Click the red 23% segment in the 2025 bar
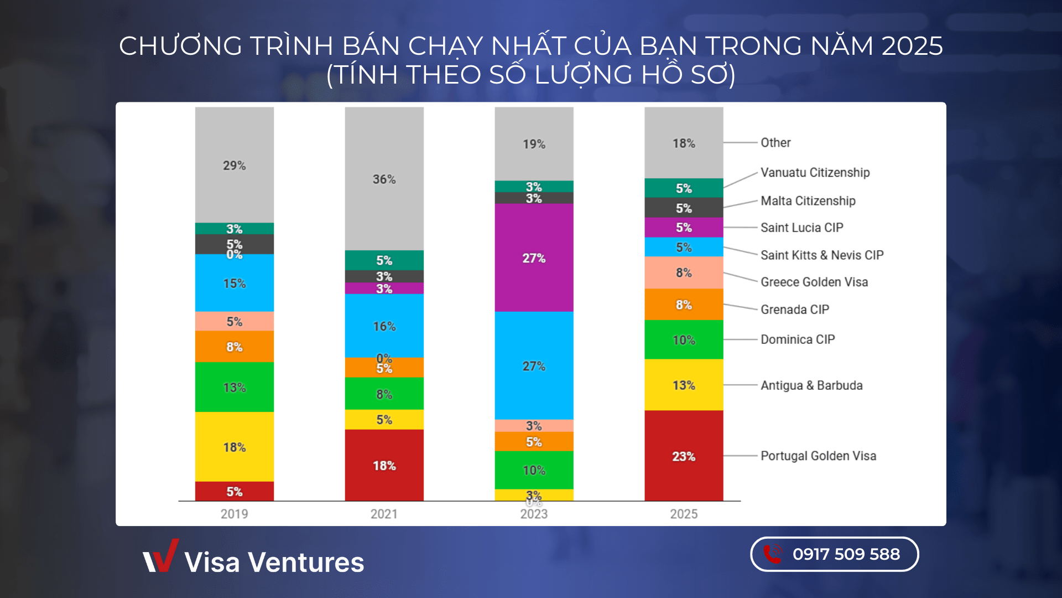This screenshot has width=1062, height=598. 684,456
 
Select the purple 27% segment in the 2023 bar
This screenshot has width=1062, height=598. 534,257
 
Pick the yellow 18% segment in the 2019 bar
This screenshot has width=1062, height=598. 234,446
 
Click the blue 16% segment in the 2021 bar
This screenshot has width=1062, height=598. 384,326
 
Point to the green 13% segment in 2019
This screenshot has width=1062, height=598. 234,387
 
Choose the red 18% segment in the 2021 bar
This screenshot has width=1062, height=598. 384,465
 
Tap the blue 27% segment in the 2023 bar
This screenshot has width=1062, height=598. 534,365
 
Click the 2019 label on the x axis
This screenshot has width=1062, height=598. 234,514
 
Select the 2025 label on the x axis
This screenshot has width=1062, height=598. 684,514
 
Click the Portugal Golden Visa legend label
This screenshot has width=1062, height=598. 818,456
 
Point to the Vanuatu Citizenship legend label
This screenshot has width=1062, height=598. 815,172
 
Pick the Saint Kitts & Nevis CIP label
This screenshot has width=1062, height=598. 822,255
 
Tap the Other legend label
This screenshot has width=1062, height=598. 775,142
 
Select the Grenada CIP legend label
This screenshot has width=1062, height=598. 794,309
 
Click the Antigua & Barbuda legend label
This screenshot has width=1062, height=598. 811,385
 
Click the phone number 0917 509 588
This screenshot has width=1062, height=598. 846,554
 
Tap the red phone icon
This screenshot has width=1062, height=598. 773,554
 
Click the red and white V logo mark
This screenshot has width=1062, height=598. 161,556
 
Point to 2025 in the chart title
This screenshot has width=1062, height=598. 912,45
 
